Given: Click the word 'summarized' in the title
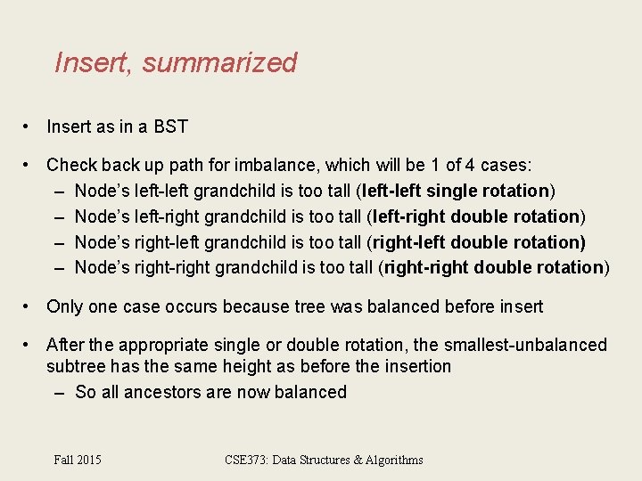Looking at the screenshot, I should pyautogui.click(x=219, y=63).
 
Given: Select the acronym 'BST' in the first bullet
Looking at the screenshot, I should pyautogui.click(x=171, y=126).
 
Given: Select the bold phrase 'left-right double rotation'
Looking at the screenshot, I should pyautogui.click(x=477, y=216).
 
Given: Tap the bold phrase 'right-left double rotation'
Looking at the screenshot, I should pyautogui.click(x=477, y=242).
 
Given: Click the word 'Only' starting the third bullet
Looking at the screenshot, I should pyautogui.click(x=64, y=306).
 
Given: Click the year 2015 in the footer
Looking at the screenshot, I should pyautogui.click(x=89, y=460).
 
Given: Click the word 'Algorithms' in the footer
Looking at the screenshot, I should pyautogui.click(x=391, y=460).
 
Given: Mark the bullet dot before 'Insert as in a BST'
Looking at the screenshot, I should pyautogui.click(x=29, y=126).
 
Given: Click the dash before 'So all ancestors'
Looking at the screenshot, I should pyautogui.click(x=59, y=392).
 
